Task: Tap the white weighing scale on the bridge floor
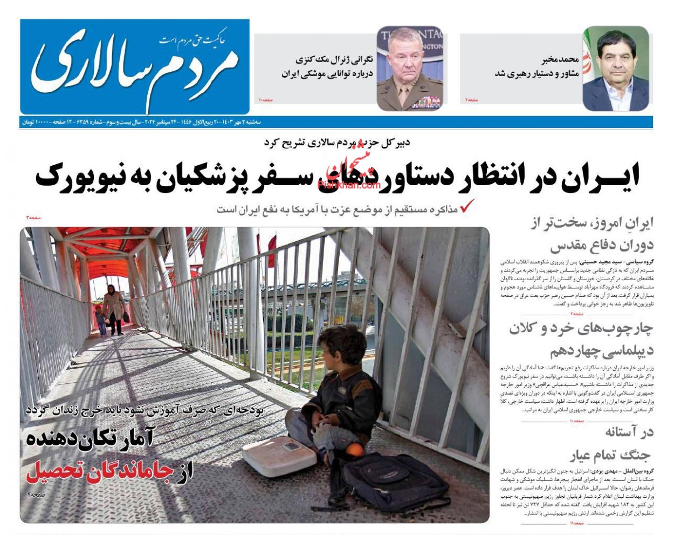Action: [279, 456]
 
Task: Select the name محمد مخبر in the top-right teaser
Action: [561, 60]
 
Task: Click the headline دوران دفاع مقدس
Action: [601, 246]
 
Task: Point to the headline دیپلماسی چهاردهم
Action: [601, 351]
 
